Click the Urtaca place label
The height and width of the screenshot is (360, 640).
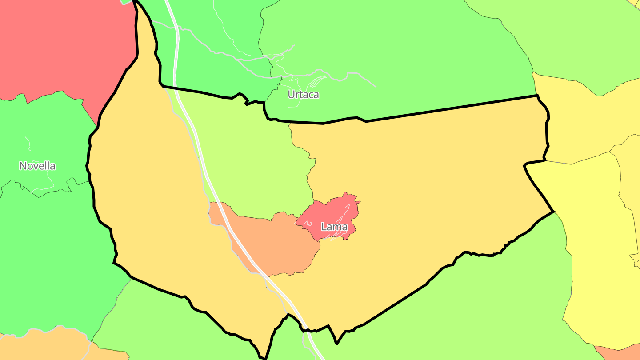303,95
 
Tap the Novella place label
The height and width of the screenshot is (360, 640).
37,166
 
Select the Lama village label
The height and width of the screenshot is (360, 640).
334,227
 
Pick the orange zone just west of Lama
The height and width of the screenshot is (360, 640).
276,244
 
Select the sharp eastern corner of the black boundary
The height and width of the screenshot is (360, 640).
553,212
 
